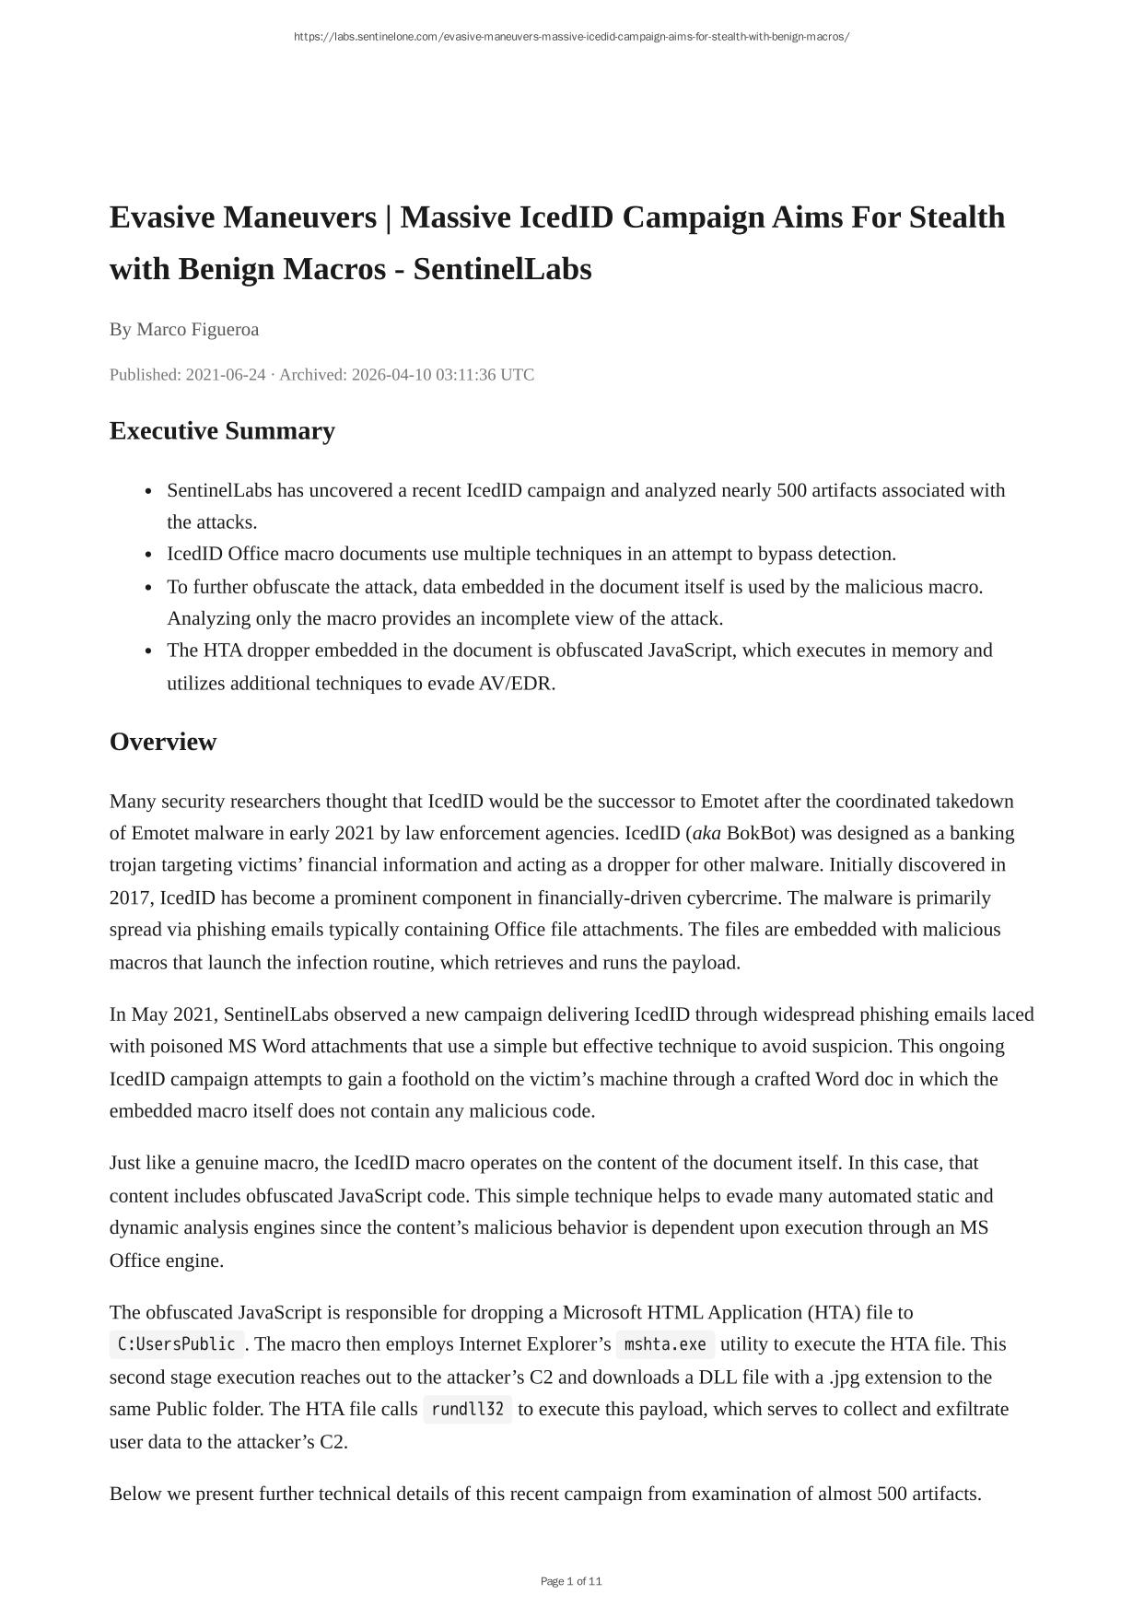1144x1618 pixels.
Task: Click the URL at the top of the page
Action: [x=571, y=37]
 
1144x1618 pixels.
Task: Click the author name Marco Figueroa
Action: [x=197, y=329]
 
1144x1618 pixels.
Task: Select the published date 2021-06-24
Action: [x=226, y=374]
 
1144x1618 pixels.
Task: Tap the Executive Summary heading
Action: [x=222, y=430]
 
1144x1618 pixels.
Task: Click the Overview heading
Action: [x=163, y=742]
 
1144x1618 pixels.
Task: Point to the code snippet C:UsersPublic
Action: [x=177, y=1344]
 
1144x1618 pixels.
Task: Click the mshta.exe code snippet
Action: [x=665, y=1344]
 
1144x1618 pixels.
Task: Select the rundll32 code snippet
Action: [x=467, y=1409]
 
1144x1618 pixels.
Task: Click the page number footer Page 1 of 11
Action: [x=571, y=1581]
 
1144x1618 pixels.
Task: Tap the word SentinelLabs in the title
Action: [x=502, y=269]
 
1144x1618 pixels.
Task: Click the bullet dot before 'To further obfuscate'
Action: [x=149, y=588]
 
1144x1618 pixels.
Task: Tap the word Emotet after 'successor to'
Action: [x=730, y=801]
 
